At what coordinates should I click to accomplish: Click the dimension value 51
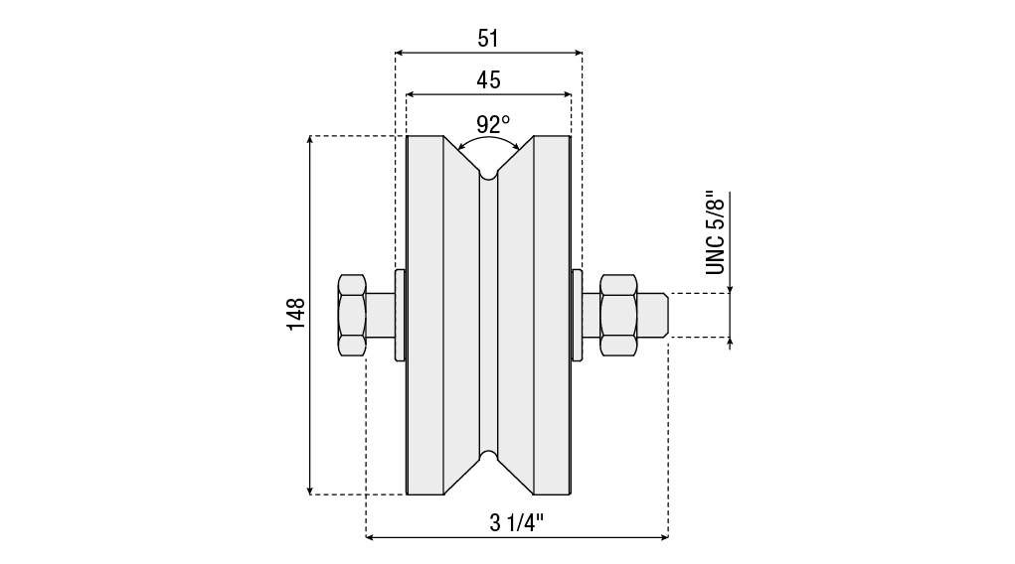click(x=488, y=39)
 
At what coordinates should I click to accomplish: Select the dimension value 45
click(x=488, y=80)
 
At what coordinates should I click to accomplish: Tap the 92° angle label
click(x=493, y=124)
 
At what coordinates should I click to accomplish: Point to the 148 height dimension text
click(x=296, y=315)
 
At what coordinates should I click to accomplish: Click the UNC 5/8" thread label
click(x=716, y=232)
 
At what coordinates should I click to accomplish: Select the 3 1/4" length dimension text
click(x=517, y=522)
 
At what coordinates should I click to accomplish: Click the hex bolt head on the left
click(x=352, y=315)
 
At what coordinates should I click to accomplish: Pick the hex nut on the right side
click(x=618, y=315)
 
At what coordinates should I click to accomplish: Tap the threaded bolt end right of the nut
click(x=652, y=315)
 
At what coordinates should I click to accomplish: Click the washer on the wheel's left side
click(x=400, y=315)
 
